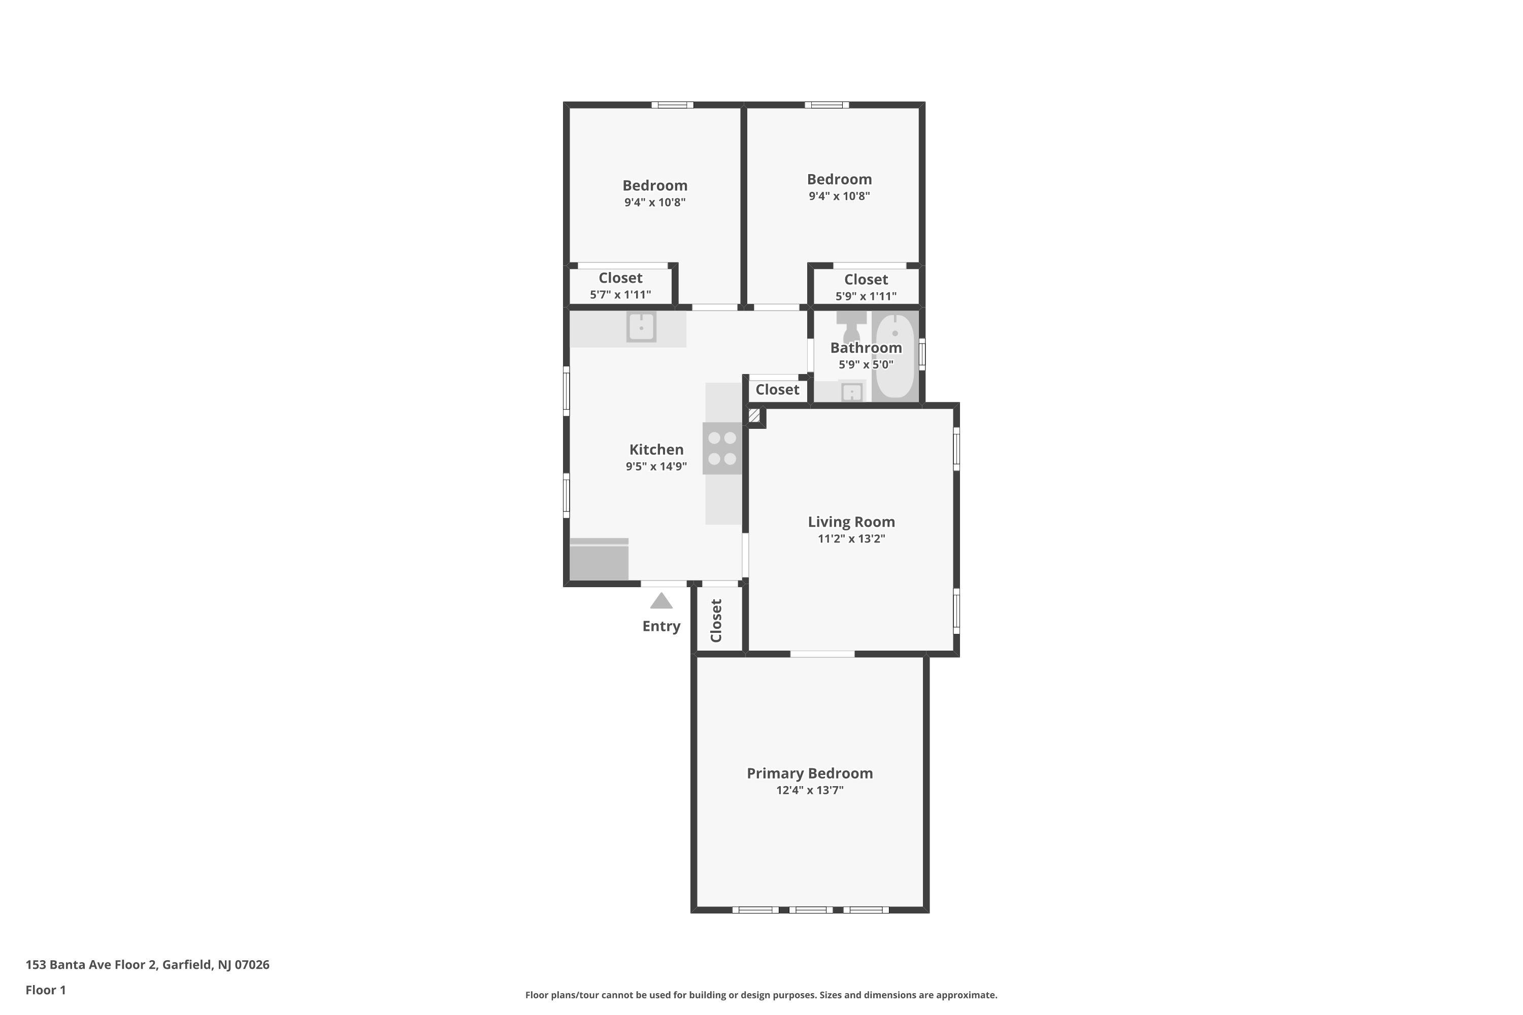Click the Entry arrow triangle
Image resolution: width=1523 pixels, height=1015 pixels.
coord(661,601)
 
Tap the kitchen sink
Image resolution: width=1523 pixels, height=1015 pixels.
coord(641,327)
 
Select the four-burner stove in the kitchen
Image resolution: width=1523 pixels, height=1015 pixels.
coord(722,448)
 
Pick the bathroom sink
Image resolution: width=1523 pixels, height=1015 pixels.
coord(851,392)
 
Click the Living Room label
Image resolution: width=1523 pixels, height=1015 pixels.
coord(851,522)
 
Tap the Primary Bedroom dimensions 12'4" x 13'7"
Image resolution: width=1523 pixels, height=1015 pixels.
coord(809,790)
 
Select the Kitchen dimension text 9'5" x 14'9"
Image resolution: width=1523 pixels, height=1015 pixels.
coord(656,466)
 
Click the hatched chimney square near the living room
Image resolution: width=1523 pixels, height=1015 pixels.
coord(754,415)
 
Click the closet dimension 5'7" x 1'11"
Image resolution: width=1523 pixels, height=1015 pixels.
coord(620,294)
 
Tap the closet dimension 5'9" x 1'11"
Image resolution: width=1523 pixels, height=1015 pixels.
coord(866,296)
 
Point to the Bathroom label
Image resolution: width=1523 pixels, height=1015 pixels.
coord(866,348)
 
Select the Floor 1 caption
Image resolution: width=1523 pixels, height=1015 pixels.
coord(45,990)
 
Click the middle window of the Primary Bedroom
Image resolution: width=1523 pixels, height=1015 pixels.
coord(811,909)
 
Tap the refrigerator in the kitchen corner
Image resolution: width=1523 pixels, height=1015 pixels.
coord(599,559)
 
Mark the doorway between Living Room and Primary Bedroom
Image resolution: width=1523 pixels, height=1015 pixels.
coord(822,654)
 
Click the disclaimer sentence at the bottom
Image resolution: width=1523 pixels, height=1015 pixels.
coord(761,995)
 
